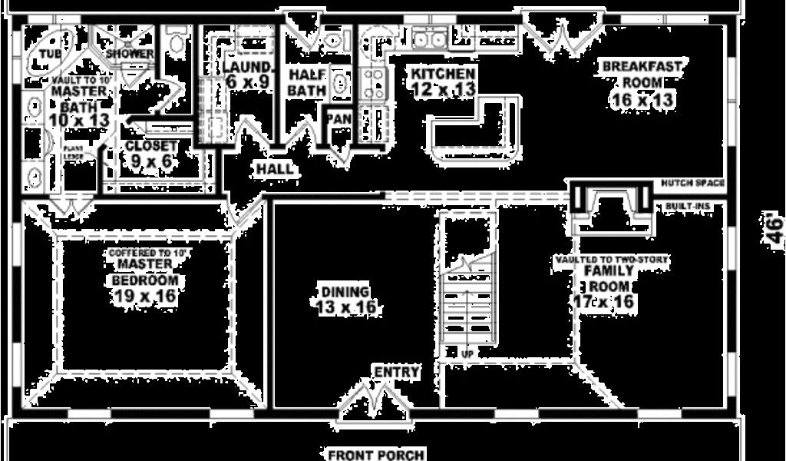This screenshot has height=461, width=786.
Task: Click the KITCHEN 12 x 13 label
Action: (443, 81)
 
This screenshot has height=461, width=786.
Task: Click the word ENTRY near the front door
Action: (396, 373)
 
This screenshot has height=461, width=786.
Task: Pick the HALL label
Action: (274, 168)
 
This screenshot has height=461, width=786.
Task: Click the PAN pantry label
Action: (339, 119)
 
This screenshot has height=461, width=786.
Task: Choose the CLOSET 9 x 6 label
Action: (152, 154)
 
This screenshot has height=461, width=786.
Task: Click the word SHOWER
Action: (130, 54)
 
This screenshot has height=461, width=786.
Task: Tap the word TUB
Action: (50, 54)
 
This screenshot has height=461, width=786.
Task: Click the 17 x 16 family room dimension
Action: (604, 301)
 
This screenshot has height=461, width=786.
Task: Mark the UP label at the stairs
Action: (467, 354)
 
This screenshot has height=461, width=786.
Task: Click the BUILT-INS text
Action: (688, 207)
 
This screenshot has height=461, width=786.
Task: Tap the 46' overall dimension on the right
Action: (775, 229)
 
